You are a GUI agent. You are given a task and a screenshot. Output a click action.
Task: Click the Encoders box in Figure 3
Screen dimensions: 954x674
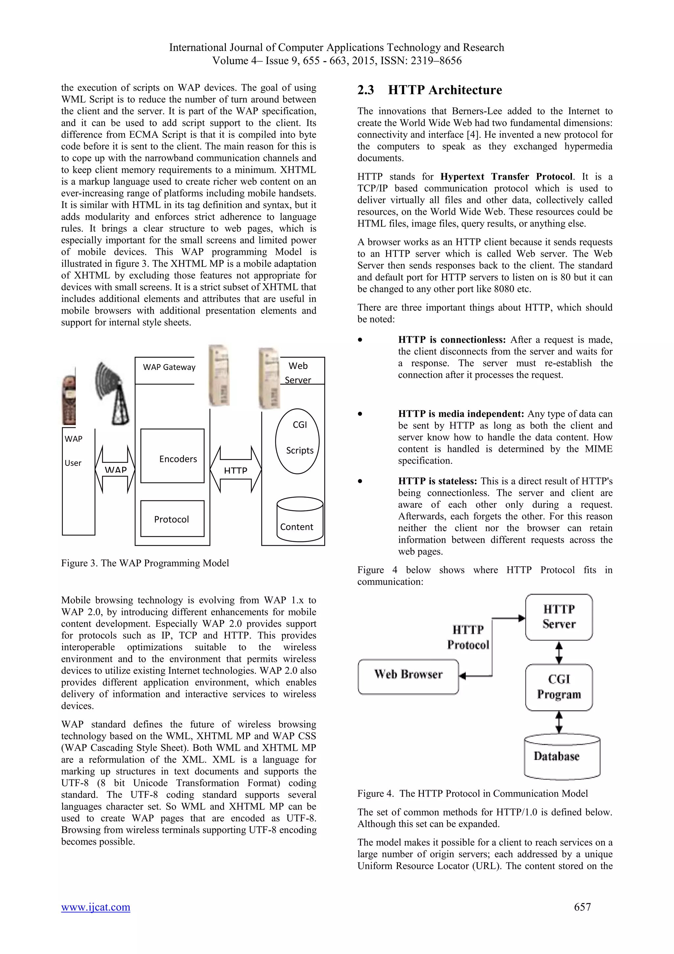172,456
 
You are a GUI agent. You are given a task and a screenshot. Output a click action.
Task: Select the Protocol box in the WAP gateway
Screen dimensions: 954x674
172,519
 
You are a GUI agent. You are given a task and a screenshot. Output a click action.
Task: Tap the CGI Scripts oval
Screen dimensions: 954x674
297,441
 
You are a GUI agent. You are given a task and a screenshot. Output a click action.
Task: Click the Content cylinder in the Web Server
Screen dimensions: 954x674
300,520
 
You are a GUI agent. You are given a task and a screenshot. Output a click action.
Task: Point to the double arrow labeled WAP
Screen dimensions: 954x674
115,469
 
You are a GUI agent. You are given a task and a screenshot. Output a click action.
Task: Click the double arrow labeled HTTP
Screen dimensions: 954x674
235,469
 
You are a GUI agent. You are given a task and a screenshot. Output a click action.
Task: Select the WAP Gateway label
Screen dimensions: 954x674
169,367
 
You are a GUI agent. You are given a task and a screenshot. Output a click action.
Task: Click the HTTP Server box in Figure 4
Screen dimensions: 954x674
558,617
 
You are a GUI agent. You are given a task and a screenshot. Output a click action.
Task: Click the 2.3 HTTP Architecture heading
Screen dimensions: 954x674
429,90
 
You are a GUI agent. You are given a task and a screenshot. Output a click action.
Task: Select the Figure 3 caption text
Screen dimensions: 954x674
145,563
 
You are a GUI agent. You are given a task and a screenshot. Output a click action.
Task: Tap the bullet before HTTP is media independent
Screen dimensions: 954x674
360,414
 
